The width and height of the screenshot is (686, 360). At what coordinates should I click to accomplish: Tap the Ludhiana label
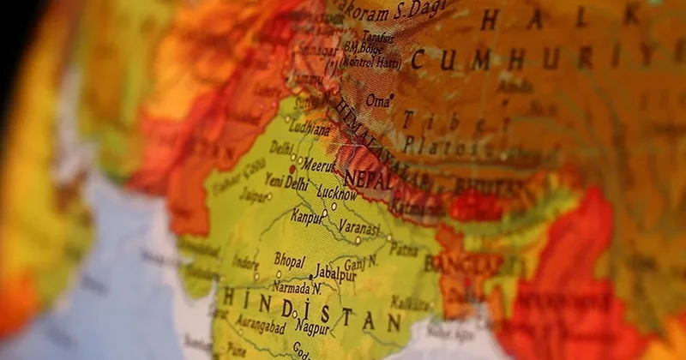tap(310, 129)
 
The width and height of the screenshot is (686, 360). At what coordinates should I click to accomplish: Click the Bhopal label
tap(289, 258)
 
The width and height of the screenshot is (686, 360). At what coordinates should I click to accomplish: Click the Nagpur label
tap(312, 327)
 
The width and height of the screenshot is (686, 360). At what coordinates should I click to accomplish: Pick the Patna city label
tap(404, 249)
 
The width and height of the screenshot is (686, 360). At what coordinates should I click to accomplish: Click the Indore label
tap(245, 262)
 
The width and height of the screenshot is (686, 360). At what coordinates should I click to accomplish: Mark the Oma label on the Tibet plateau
tap(377, 100)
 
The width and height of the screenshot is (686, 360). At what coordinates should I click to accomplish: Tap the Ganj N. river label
tap(361, 261)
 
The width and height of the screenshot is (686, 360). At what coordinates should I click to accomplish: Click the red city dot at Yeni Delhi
tap(292, 170)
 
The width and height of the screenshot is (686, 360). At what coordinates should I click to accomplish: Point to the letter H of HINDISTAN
tap(230, 297)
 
